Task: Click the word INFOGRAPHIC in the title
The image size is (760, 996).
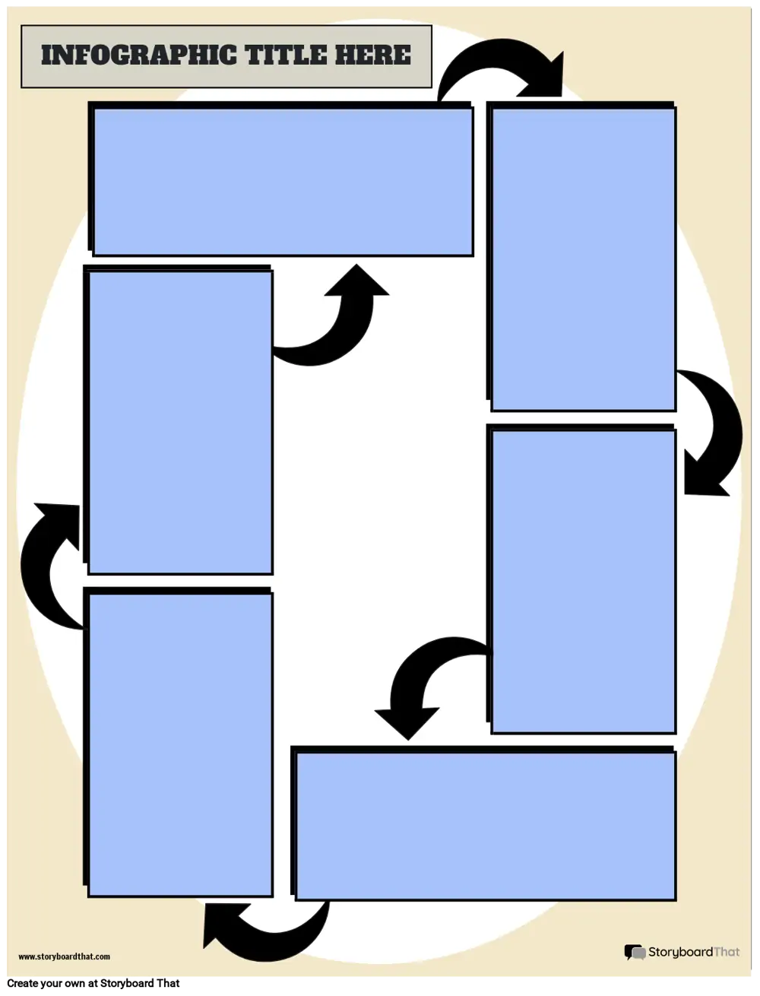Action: click(139, 55)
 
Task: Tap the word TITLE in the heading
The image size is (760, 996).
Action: click(286, 55)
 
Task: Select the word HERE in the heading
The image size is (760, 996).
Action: click(373, 55)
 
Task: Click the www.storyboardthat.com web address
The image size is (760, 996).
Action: click(64, 956)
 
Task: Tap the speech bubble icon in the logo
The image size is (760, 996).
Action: click(635, 952)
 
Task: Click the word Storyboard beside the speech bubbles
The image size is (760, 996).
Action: click(681, 952)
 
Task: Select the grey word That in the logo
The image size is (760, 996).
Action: click(727, 952)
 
